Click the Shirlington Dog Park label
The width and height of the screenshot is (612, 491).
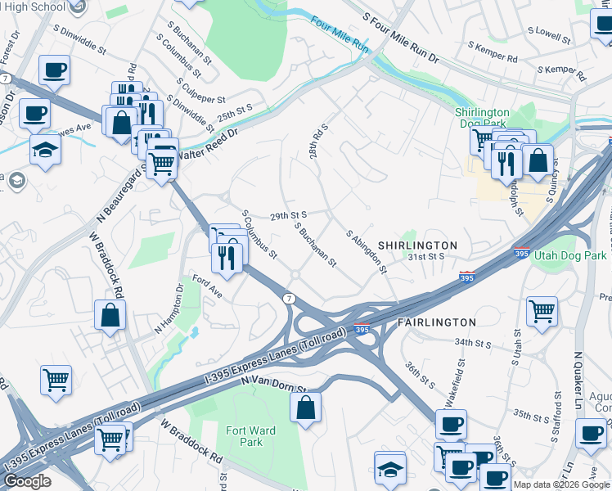click(x=483, y=118)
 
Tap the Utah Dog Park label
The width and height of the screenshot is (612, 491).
click(x=570, y=255)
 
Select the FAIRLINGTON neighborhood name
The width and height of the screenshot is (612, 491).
click(x=436, y=322)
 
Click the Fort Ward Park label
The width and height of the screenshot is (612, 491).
click(x=250, y=435)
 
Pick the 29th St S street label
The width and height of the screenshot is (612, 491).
click(x=288, y=216)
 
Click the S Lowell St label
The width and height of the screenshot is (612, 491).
click(x=548, y=34)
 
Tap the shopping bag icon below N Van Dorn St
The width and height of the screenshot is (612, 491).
click(x=305, y=408)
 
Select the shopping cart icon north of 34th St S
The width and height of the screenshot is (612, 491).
click(x=542, y=312)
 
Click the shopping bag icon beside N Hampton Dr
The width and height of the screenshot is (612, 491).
click(x=110, y=315)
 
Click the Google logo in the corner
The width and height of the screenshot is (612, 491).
click(x=27, y=481)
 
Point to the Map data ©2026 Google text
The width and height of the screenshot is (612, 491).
click(x=561, y=484)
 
